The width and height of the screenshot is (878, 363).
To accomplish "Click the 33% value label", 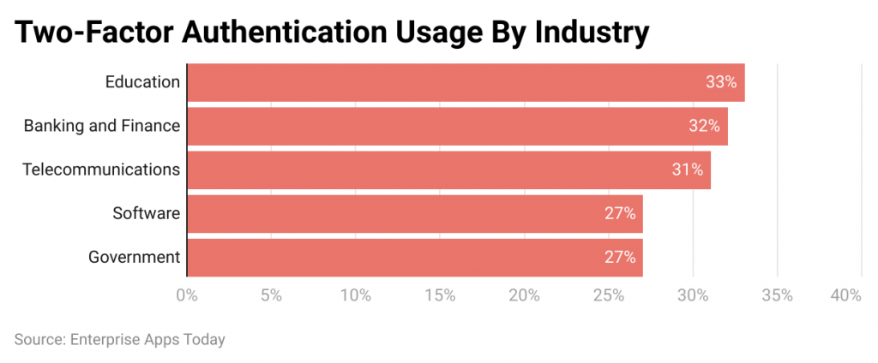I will [x=721, y=82].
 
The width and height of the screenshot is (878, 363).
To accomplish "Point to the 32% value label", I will [x=704, y=126].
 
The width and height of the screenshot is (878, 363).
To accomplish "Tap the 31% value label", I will [x=688, y=170].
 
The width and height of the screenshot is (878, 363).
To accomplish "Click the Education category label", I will [x=142, y=82].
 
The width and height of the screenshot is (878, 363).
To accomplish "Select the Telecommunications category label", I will [x=101, y=170].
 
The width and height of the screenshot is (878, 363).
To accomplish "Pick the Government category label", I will [x=134, y=257].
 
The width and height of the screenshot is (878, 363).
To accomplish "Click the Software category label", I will [x=146, y=213].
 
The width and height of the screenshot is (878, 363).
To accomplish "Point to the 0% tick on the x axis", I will [x=186, y=295].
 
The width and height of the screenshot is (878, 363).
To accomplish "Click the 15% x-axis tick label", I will [x=440, y=295].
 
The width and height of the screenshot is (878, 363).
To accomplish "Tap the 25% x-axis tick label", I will [x=609, y=295].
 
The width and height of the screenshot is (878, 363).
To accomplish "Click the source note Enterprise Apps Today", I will [x=120, y=340].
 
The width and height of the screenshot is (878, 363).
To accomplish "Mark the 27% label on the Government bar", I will [x=619, y=257].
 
